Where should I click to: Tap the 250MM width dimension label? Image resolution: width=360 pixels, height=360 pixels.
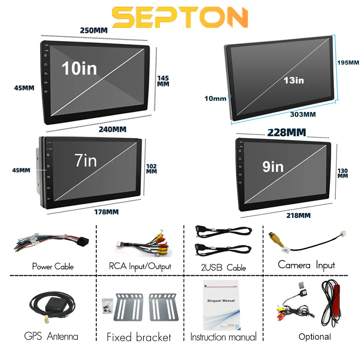94,30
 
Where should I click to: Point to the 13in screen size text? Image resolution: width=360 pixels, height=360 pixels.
294,80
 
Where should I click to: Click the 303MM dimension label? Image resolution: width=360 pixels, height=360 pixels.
303,114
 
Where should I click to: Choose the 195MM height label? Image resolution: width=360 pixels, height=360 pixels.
348,62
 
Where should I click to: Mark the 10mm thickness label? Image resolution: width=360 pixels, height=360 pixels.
215,99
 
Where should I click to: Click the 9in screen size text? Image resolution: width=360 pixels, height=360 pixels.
273,167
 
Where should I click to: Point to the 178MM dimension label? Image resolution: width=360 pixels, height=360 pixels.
106,212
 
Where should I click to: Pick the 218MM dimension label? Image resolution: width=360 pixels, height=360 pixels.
298,215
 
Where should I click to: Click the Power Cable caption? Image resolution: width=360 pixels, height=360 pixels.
53,266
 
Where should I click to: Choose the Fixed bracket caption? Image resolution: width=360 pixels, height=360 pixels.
139,337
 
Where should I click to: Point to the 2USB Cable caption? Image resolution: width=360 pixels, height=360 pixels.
223,267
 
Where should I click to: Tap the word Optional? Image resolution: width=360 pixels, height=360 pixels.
315,337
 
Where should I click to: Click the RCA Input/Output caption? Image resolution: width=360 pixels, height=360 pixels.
140,266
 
